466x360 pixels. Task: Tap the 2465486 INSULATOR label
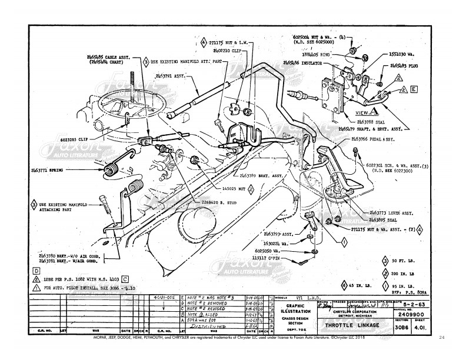pos(311,62)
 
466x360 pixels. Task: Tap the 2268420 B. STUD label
pos(211,202)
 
